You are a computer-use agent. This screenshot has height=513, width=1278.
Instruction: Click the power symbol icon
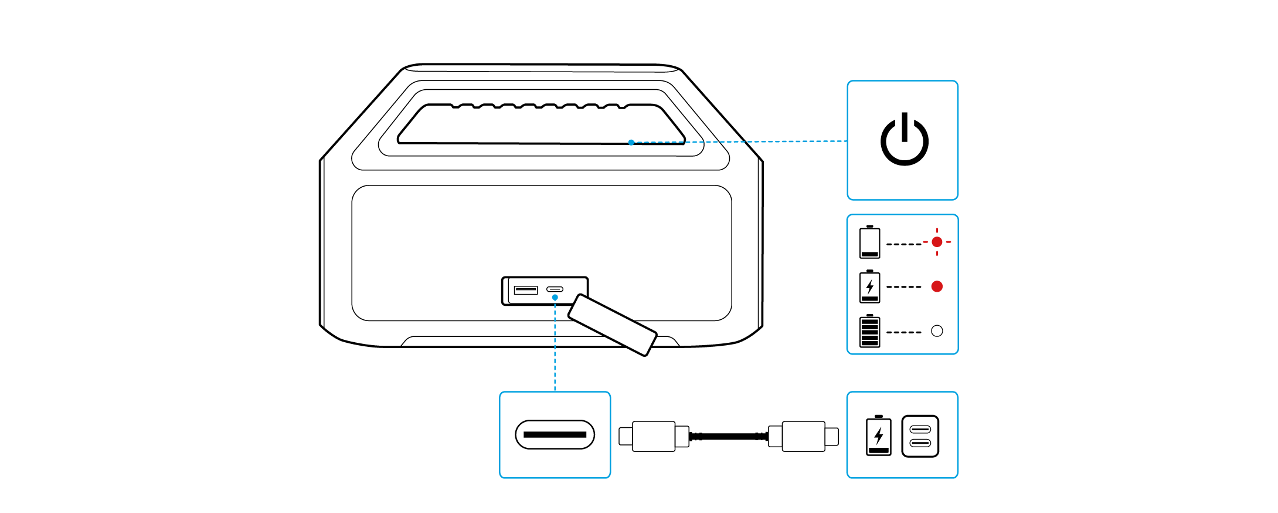(x=904, y=141)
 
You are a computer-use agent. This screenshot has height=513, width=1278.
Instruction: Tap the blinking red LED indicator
(x=937, y=242)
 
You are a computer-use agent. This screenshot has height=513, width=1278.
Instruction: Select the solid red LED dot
(x=937, y=286)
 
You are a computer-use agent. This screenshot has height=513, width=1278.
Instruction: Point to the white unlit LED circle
(x=937, y=331)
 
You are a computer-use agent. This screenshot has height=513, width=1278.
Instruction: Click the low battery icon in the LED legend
(x=869, y=242)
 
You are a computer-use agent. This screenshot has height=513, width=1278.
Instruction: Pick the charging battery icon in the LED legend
(x=869, y=286)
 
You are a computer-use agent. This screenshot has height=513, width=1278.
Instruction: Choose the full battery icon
(x=869, y=331)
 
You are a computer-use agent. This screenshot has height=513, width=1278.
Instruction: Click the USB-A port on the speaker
(x=525, y=290)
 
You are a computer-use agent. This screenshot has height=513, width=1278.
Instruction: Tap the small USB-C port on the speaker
(x=555, y=289)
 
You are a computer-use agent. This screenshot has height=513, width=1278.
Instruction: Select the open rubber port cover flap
(x=612, y=325)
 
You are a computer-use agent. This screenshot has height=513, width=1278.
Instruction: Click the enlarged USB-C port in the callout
(x=555, y=434)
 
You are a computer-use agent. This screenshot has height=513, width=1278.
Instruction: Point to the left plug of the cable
(x=654, y=436)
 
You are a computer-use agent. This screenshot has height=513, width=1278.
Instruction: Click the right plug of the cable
(x=803, y=436)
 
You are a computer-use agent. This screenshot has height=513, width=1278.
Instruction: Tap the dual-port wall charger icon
(x=920, y=436)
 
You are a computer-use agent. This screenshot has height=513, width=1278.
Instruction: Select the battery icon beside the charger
(x=878, y=436)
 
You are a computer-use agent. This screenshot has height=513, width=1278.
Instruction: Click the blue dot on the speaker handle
(x=631, y=142)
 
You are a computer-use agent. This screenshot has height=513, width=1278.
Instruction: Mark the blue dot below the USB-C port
(x=555, y=298)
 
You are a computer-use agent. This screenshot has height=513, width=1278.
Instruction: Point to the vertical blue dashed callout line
(x=555, y=346)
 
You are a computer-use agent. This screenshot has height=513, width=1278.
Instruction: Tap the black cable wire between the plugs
(x=728, y=436)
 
